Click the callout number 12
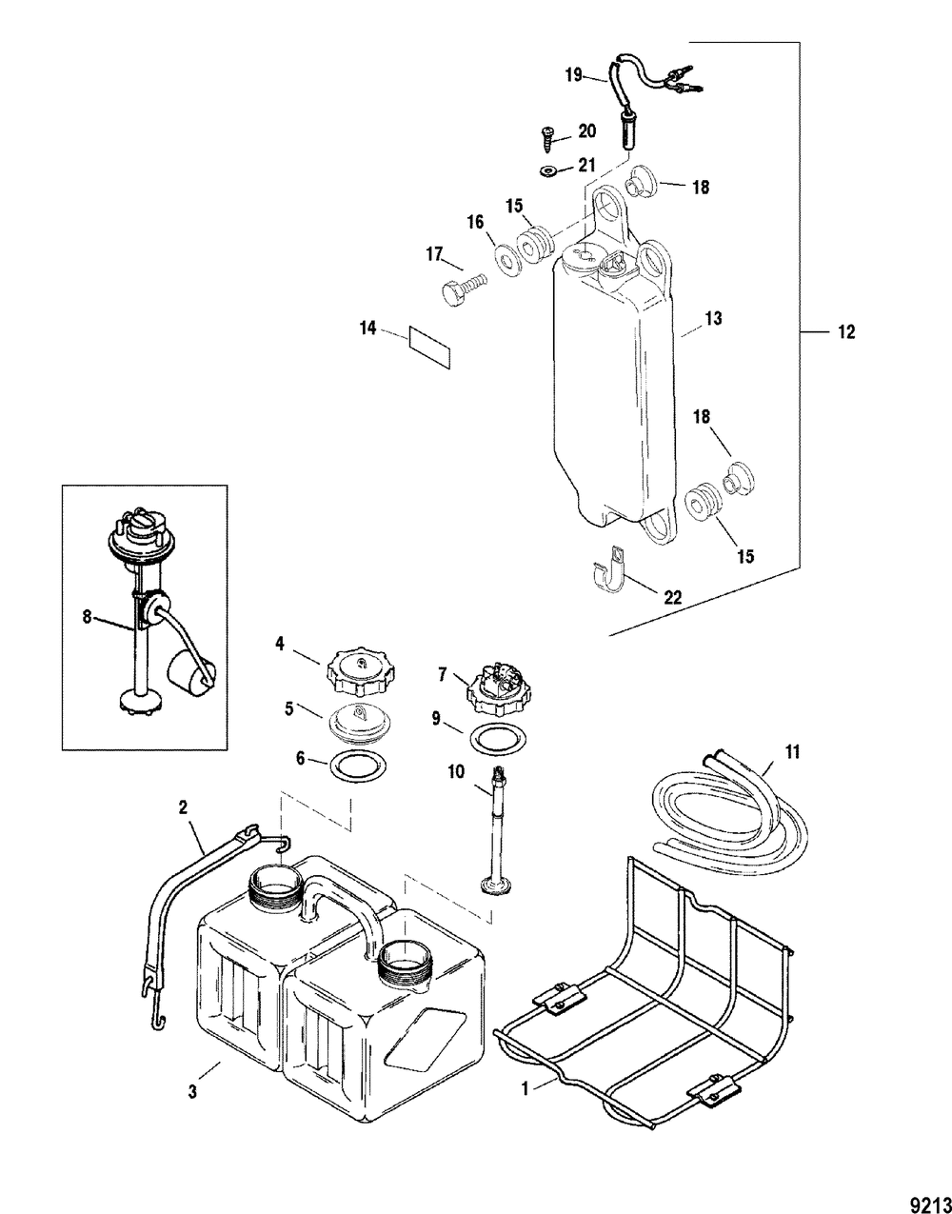846,332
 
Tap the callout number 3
192,1108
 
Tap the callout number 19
574,75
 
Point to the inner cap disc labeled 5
357,724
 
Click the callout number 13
713,318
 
